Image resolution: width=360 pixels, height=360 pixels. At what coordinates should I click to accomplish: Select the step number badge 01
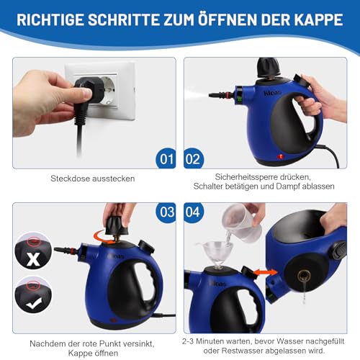click(165, 158)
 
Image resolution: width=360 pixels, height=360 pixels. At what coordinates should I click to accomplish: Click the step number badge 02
click(194, 158)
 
